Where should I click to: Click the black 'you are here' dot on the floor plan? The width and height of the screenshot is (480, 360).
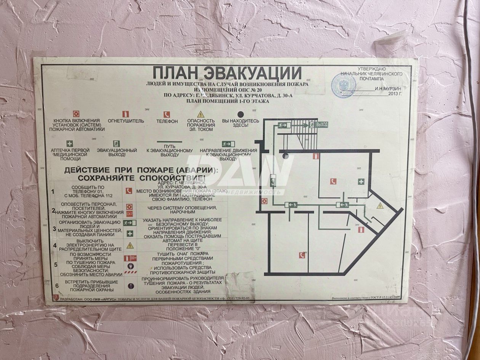[285, 155]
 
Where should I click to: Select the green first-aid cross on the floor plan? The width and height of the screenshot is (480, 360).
[361, 182]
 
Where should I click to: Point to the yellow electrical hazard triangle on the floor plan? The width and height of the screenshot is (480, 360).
[380, 206]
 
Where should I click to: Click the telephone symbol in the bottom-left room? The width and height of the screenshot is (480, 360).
[302, 255]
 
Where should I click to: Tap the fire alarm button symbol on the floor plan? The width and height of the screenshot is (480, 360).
[264, 201]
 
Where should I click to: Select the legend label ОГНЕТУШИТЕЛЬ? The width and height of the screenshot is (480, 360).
[126, 121]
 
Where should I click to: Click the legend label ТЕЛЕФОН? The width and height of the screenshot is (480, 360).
[167, 121]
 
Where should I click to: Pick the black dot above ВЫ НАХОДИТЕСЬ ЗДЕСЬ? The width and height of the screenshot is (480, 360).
[240, 114]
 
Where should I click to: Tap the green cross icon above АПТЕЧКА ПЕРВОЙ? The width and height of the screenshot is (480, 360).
[70, 144]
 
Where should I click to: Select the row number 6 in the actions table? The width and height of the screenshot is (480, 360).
[57, 286]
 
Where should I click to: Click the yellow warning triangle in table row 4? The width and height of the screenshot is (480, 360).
[130, 245]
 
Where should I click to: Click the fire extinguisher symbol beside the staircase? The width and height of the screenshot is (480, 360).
[315, 156]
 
